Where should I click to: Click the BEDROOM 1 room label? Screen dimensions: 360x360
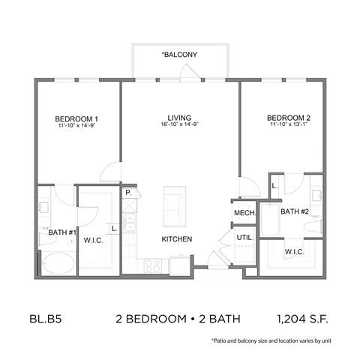pyautogui.click(x=77, y=118)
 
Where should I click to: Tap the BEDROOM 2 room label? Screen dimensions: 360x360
pyautogui.click(x=289, y=118)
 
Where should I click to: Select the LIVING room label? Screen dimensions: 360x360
pyautogui.click(x=180, y=118)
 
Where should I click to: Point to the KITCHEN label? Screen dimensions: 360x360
pyautogui.click(x=177, y=239)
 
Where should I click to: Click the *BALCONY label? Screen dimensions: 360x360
pyautogui.click(x=179, y=55)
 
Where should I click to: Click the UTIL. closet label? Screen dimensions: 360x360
pyautogui.click(x=245, y=238)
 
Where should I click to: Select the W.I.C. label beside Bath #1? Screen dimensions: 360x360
pyautogui.click(x=94, y=241)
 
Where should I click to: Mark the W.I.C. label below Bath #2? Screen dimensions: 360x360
pyautogui.click(x=293, y=251)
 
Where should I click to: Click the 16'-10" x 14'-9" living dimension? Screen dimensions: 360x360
pyautogui.click(x=180, y=126)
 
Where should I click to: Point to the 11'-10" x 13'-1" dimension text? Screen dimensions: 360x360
pyautogui.click(x=289, y=126)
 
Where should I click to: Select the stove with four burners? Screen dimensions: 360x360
pyautogui.click(x=151, y=265)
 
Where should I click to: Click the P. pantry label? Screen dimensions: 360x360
pyautogui.click(x=129, y=193)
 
